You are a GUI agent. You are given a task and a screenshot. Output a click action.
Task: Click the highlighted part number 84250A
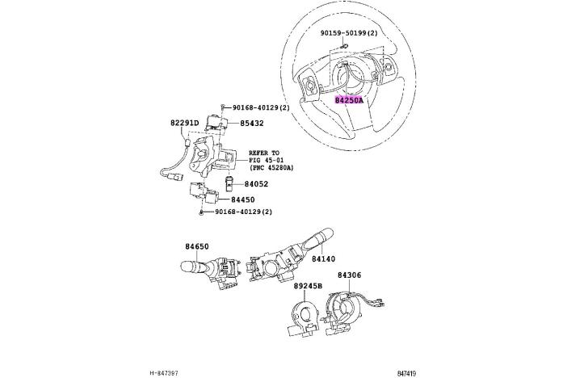(350, 100)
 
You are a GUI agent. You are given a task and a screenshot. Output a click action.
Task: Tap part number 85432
(250, 124)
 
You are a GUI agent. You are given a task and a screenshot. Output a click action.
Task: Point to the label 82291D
(184, 124)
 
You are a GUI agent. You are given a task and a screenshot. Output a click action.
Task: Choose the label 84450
(243, 199)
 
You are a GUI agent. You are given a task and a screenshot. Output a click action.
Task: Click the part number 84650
(196, 246)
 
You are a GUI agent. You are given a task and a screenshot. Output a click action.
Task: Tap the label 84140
(324, 259)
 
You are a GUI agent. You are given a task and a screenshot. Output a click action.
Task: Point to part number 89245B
(308, 286)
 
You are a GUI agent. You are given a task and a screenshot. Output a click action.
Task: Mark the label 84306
(349, 275)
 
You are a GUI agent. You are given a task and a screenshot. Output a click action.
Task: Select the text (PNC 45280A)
(271, 168)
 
